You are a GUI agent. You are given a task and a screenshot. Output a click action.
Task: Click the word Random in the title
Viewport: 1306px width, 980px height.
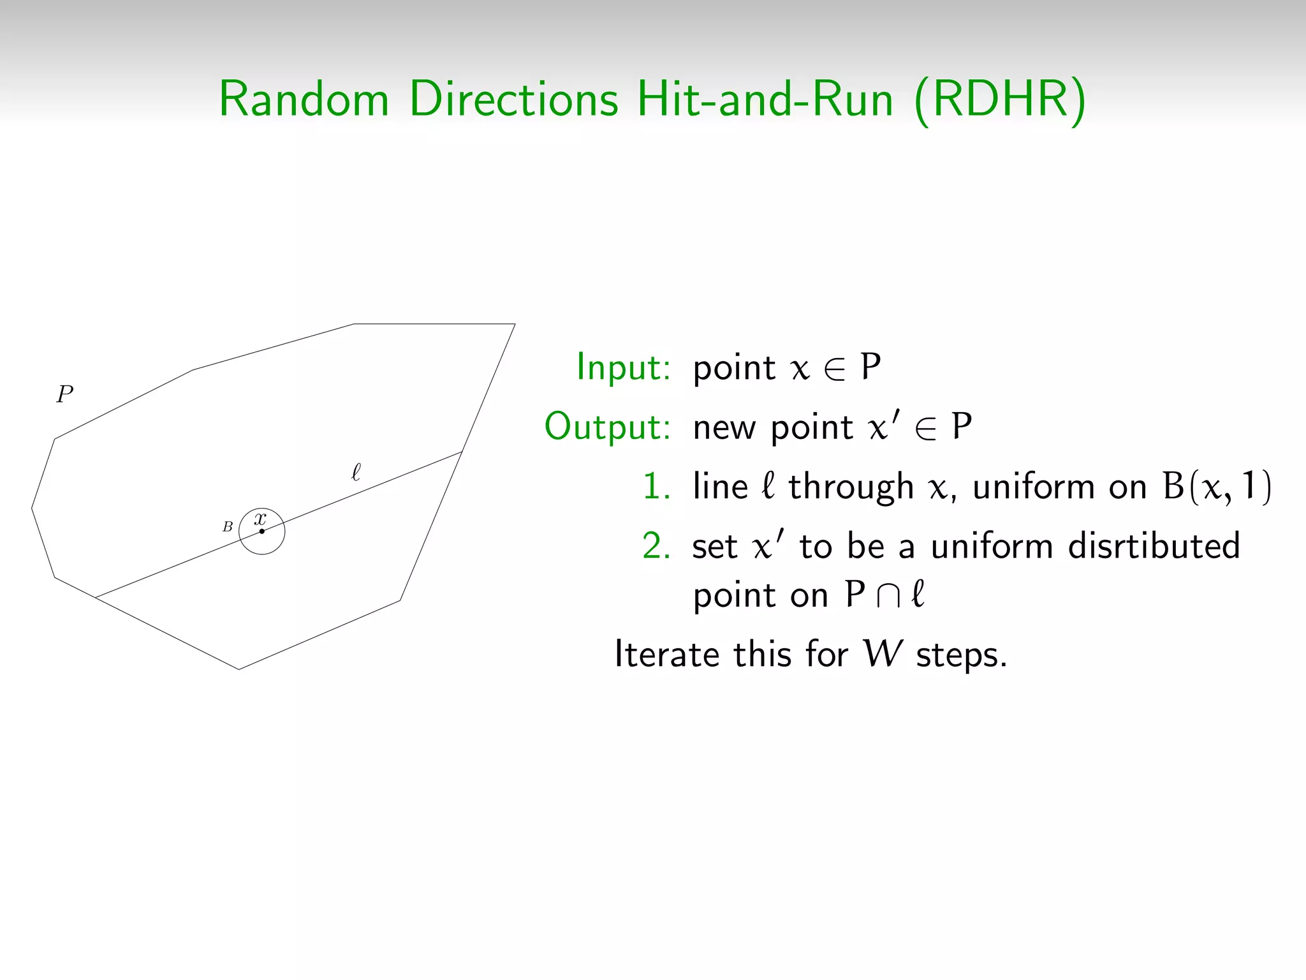coord(304,100)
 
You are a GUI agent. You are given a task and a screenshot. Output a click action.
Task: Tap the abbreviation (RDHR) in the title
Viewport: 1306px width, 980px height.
coord(1000,100)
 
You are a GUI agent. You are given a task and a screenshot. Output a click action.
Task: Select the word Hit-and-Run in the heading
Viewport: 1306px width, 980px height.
coord(765,100)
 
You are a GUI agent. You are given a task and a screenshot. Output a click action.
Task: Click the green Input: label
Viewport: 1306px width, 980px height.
coord(623,367)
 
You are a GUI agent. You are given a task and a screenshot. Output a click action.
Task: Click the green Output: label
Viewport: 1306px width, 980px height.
coord(607,427)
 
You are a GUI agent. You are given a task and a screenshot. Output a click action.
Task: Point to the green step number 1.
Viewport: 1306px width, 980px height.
coord(656,487)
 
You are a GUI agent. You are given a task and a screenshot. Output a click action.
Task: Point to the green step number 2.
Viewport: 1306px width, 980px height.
coord(656,546)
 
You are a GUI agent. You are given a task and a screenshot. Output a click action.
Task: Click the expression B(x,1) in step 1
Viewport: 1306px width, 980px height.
coord(1216,487)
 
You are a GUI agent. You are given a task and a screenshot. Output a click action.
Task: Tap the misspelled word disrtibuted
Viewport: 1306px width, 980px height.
coord(1154,546)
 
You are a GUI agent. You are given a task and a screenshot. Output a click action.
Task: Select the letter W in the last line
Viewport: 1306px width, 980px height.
coord(883,655)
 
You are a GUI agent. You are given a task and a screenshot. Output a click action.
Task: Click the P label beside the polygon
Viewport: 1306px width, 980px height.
coord(65,394)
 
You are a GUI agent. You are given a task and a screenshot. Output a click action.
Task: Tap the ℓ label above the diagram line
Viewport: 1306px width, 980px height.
coord(356,472)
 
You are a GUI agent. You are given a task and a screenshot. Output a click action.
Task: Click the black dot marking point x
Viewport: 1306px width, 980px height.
coord(261,531)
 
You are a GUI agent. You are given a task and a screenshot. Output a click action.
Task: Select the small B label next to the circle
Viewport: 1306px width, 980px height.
coord(228,527)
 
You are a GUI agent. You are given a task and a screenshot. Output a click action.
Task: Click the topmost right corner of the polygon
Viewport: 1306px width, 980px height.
coord(515,324)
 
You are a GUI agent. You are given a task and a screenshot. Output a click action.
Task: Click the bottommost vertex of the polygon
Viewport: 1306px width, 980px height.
coord(239,669)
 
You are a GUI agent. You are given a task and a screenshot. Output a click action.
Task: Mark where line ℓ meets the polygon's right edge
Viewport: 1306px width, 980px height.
coord(462,452)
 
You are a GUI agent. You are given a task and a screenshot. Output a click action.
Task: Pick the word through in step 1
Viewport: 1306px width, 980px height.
coord(851,487)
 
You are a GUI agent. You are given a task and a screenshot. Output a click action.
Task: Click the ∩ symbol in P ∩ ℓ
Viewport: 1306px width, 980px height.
coord(888,595)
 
